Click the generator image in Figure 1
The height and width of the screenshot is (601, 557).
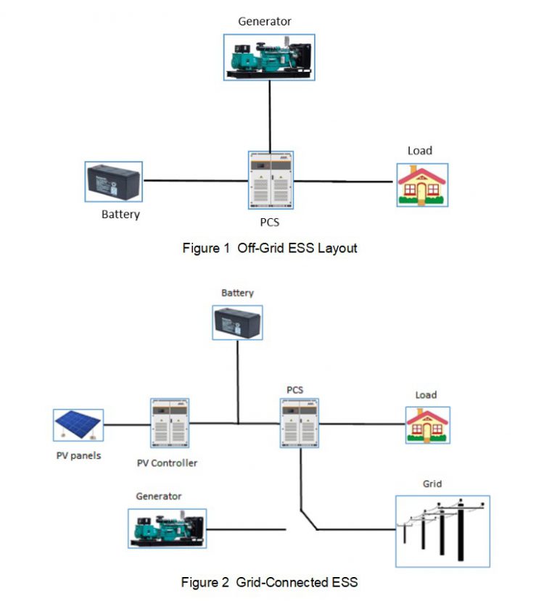pos(269,57)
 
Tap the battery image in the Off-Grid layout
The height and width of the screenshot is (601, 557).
pos(113,181)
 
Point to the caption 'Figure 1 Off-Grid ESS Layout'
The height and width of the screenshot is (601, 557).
pos(269,248)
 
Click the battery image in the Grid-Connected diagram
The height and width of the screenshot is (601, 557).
pos(237,323)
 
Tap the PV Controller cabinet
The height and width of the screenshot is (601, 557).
pos(170,423)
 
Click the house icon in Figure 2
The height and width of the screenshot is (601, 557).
pos(426,425)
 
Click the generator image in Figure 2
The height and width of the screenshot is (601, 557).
pos(167,527)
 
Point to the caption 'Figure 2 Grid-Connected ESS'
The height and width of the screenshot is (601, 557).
pos(269,581)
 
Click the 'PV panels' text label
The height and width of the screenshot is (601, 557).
pos(78,456)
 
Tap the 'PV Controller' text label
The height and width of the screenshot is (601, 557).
pos(167,463)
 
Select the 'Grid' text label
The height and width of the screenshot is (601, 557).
pos(432,484)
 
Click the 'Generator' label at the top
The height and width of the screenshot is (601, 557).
pos(265,21)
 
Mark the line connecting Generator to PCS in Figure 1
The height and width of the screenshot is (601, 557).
pos(271,116)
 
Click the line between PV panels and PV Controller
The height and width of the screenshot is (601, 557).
pos(126,424)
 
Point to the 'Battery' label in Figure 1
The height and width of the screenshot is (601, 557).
pos(120,215)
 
